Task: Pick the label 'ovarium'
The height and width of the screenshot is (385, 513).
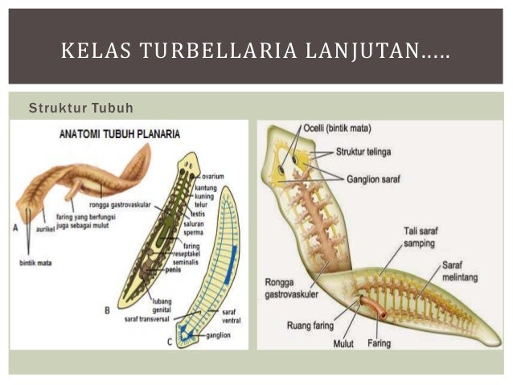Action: pos(214,175)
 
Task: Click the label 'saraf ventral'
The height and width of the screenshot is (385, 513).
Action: pos(232,316)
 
